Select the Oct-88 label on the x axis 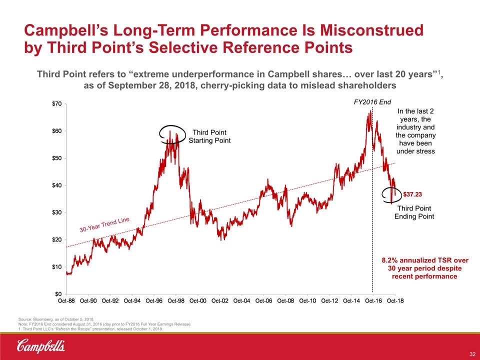66,301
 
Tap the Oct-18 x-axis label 394,301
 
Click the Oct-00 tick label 198,301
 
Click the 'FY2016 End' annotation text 372,101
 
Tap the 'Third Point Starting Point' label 209,136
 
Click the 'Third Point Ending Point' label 414,212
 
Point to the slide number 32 471,354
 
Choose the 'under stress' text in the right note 415,151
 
